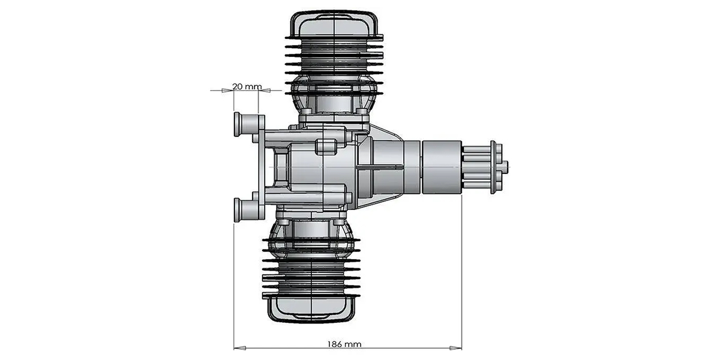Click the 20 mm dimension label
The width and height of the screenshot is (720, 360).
click(247, 86)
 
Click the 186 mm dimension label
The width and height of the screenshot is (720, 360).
click(344, 344)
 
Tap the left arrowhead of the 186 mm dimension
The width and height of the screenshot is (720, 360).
click(240, 348)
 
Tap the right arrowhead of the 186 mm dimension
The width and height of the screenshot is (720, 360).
click(455, 348)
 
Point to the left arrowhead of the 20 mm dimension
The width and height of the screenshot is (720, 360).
click(227, 91)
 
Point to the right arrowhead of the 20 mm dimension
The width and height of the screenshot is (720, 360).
click(265, 91)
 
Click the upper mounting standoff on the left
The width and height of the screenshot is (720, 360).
click(247, 124)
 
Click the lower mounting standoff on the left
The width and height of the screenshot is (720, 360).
click(247, 209)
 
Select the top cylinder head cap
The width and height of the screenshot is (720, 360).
click(334, 24)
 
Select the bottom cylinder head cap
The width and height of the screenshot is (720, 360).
click(311, 309)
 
